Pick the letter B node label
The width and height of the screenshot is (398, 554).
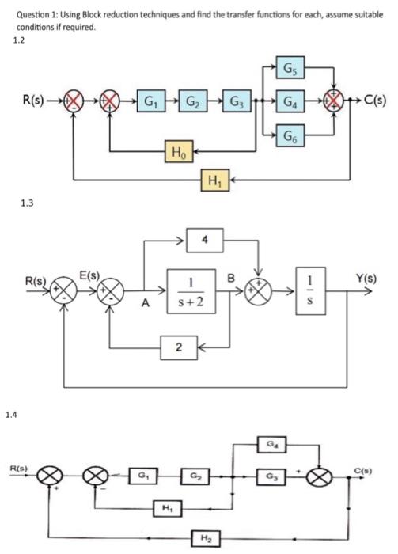232,278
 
